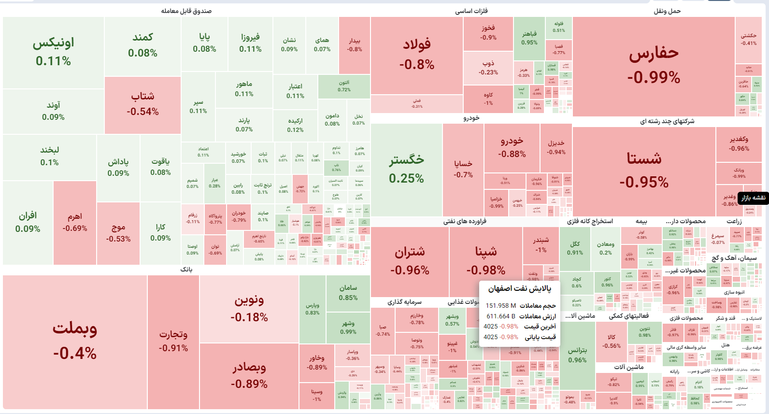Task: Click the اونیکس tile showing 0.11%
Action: pyautogui.click(x=53, y=52)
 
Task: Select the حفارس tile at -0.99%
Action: pyautogui.click(x=654, y=65)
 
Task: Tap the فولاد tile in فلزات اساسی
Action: pyautogui.click(x=416, y=54)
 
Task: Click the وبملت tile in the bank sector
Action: pyautogui.click(x=75, y=341)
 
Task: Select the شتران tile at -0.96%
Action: pyautogui.click(x=410, y=261)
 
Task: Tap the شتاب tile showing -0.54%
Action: pyautogui.click(x=142, y=104)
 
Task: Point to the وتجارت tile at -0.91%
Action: pyautogui.click(x=173, y=341)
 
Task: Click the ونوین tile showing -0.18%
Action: pyautogui.click(x=249, y=308)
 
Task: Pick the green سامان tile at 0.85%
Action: pyautogui.click(x=348, y=292)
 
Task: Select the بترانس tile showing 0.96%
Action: pyautogui.click(x=577, y=355)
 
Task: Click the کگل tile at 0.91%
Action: pyautogui.click(x=575, y=248)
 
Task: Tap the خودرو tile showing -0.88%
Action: pyautogui.click(x=512, y=147)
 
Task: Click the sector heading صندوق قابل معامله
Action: pyautogui.click(x=186, y=11)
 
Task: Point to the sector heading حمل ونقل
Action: pyautogui.click(x=667, y=11)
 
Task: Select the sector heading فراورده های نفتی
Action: pyautogui.click(x=465, y=221)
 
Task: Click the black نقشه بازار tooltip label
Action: pyautogui.click(x=754, y=198)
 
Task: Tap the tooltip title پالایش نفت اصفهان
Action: pyautogui.click(x=519, y=289)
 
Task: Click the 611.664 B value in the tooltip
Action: pyautogui.click(x=500, y=316)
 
